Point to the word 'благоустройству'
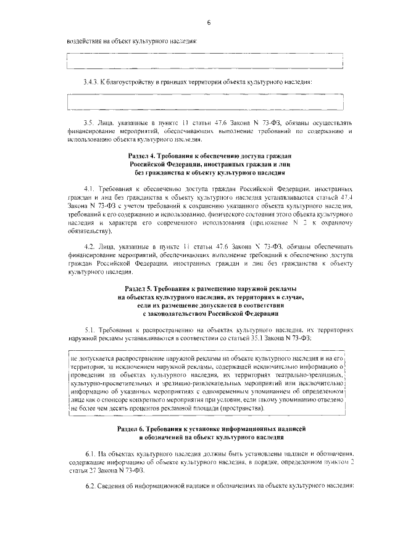[132, 82]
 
